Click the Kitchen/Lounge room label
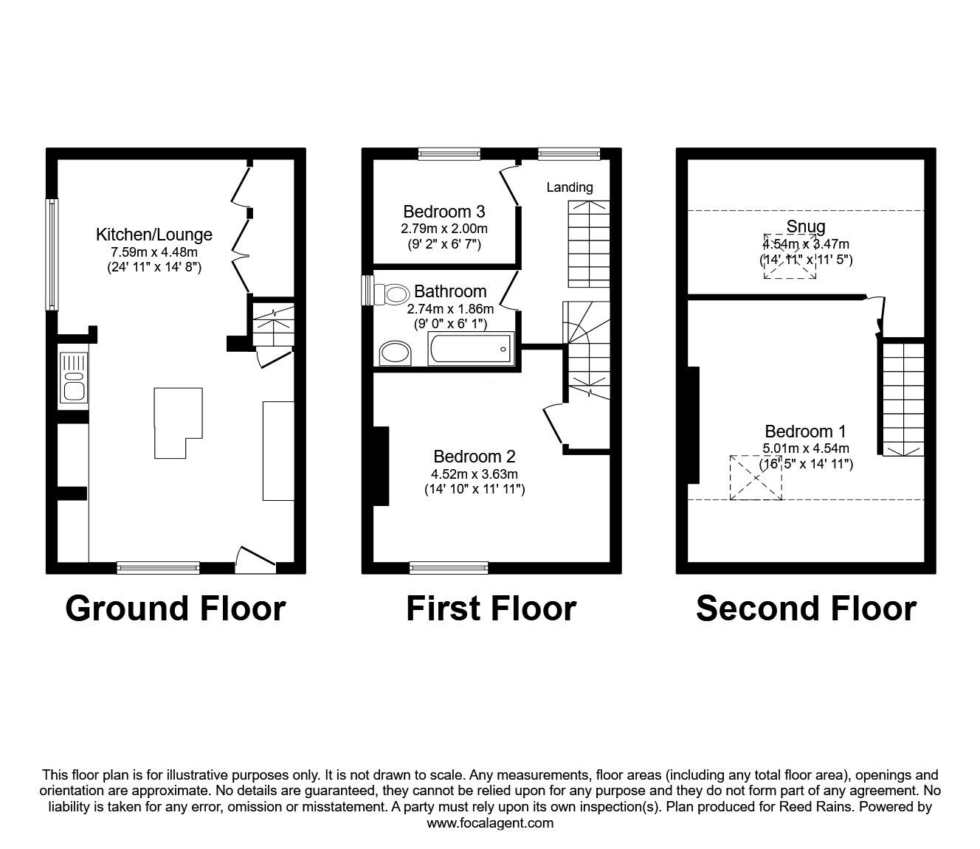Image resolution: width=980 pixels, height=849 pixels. (153, 235)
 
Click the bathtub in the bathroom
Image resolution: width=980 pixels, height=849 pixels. (470, 348)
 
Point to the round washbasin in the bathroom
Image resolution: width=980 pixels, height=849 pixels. (396, 353)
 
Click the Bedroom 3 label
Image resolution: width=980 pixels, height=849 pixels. (444, 212)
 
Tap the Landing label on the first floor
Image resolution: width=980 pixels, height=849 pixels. (569, 187)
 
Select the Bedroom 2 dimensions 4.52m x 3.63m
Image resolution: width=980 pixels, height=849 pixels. (475, 474)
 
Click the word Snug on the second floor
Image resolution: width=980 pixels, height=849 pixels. (805, 226)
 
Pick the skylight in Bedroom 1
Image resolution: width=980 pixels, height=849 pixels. (756, 477)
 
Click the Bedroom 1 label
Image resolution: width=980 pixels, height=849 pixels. (805, 432)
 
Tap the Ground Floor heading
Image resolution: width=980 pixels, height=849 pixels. (175, 609)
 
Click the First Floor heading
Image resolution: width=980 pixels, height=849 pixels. (491, 609)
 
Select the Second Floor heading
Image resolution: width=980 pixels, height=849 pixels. (806, 609)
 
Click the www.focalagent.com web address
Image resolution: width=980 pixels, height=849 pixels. (490, 823)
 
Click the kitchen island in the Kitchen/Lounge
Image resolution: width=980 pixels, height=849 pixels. (177, 420)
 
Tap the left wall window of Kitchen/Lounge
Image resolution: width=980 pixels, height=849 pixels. (52, 254)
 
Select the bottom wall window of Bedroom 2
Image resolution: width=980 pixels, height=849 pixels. (449, 567)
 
